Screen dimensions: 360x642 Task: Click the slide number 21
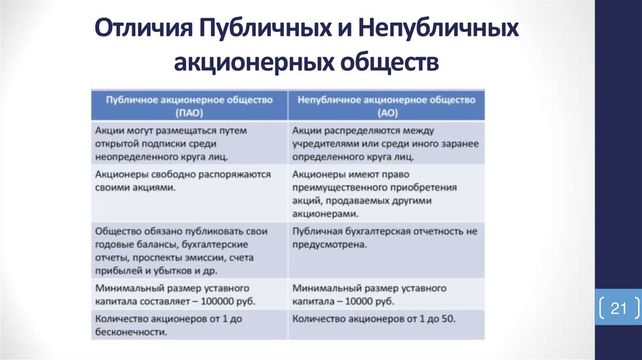[x=619, y=309]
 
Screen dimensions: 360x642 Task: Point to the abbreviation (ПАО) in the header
[x=190, y=114]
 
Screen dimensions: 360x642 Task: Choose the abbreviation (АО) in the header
[x=386, y=114]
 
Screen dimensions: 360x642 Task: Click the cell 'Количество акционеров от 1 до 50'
[x=373, y=319]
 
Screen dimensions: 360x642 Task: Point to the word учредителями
[x=327, y=144]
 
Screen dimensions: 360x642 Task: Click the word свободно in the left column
[x=177, y=174]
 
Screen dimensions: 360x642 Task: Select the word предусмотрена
[x=329, y=244]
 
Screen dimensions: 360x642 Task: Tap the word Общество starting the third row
[x=118, y=231]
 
